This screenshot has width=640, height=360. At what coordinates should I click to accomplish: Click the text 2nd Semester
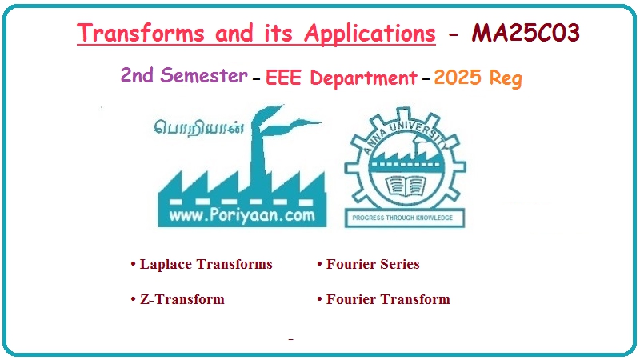tap(183, 76)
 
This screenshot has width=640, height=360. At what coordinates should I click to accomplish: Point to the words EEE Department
tap(341, 78)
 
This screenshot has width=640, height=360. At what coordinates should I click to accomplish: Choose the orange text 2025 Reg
tap(478, 78)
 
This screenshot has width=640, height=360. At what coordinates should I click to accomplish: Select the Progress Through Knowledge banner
tap(404, 218)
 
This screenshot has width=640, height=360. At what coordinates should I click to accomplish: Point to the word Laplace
tap(166, 264)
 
